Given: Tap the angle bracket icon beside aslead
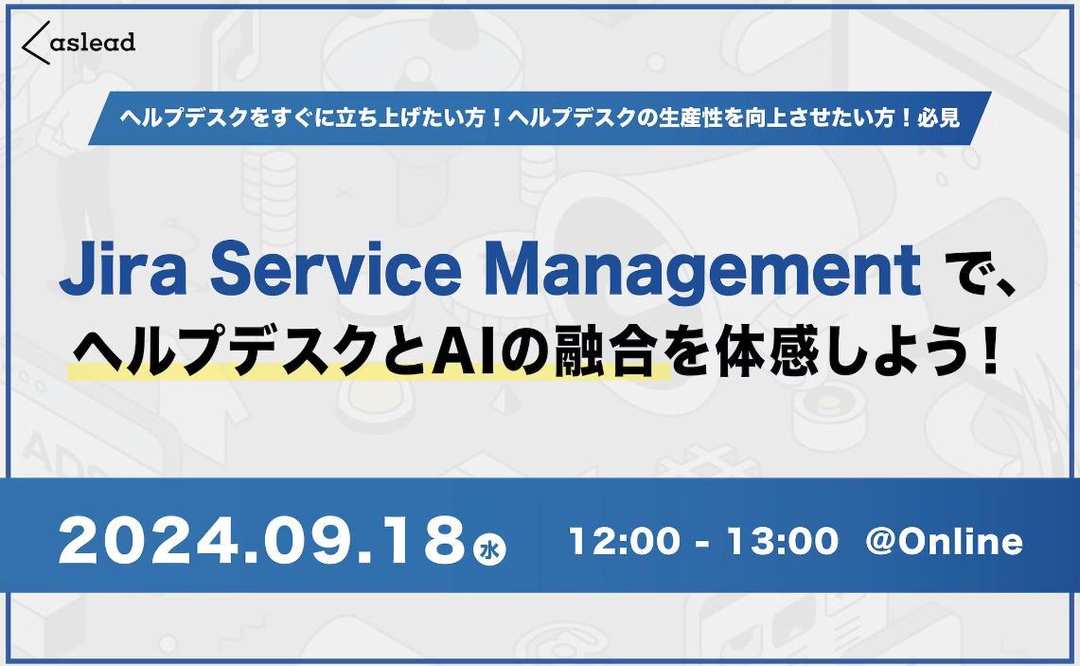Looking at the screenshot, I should (x=35, y=43).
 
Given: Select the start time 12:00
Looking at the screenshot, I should (x=624, y=542).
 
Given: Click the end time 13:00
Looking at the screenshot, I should (x=782, y=542).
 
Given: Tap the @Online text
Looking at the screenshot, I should (x=944, y=542).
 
